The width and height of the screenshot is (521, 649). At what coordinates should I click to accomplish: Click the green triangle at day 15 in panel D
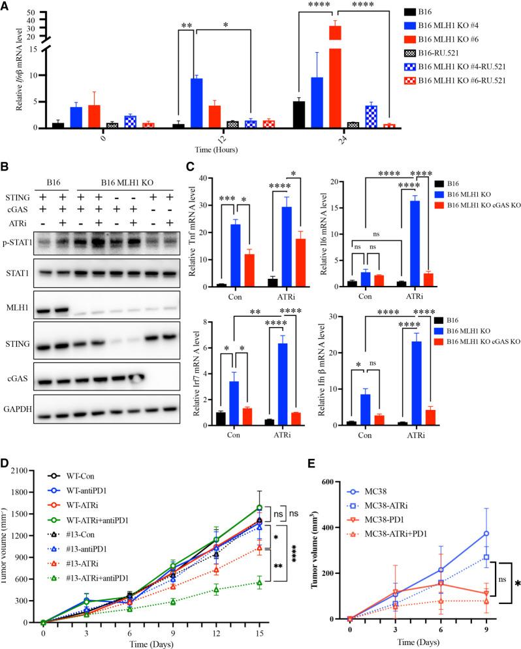coord(259,582)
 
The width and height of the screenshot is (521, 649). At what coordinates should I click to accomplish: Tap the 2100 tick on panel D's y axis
coord(25,452)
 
